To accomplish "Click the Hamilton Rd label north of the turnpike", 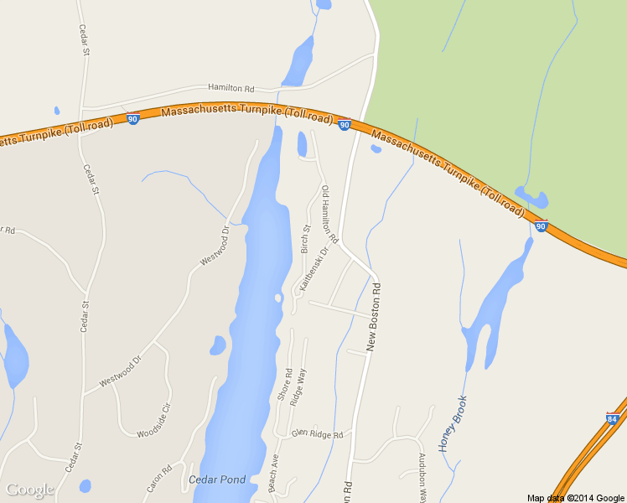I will tap(231, 88).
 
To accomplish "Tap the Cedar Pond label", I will tap(217, 480).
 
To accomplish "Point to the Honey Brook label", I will tap(453, 423).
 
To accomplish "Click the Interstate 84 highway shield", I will tap(612, 417).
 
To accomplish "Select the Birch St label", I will tap(305, 239).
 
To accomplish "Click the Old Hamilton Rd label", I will tap(329, 215).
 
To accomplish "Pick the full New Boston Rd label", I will tap(375, 316).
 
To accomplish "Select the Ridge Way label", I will tap(298, 387).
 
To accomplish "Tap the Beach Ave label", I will tap(273, 474).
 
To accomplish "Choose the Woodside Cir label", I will tap(153, 421).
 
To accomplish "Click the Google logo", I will tap(29, 490).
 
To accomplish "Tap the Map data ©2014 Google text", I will tap(576, 498).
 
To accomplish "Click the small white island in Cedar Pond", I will tap(277, 298).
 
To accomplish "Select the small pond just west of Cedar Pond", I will tap(218, 345).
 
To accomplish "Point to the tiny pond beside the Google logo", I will tap(85, 485).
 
